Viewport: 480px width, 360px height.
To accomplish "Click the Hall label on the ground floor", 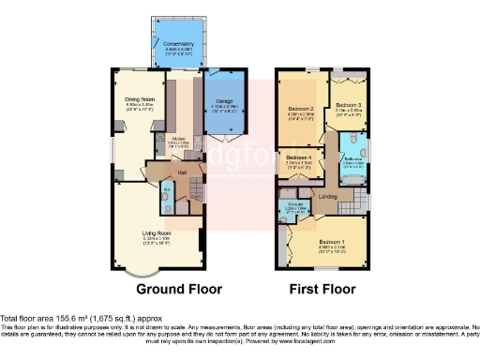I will (x=184, y=172).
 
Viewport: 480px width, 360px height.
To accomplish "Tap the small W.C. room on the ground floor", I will (x=167, y=199).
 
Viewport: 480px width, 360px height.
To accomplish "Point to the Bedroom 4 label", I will (x=299, y=157).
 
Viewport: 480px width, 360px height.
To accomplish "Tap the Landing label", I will (x=328, y=196).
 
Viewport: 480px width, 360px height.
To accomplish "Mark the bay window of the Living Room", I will (x=138, y=273).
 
